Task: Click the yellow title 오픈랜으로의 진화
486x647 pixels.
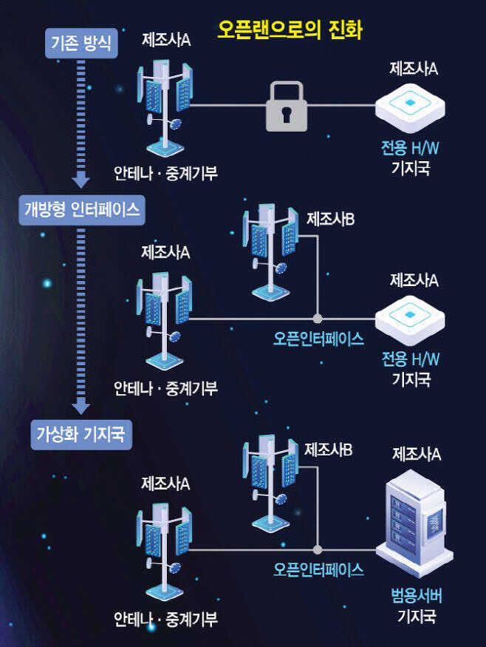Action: point(289,30)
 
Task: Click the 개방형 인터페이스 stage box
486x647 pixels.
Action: point(81,211)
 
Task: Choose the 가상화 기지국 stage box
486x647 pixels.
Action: point(81,434)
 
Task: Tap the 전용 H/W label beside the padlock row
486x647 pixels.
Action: point(411,149)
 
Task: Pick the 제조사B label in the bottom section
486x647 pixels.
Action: point(328,449)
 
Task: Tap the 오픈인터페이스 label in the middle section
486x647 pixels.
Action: point(319,339)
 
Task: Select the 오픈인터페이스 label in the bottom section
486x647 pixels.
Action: point(319,569)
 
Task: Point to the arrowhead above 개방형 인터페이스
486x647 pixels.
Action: point(81,179)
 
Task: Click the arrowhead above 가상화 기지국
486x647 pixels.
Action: point(81,406)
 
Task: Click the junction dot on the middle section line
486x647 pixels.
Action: point(318,319)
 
